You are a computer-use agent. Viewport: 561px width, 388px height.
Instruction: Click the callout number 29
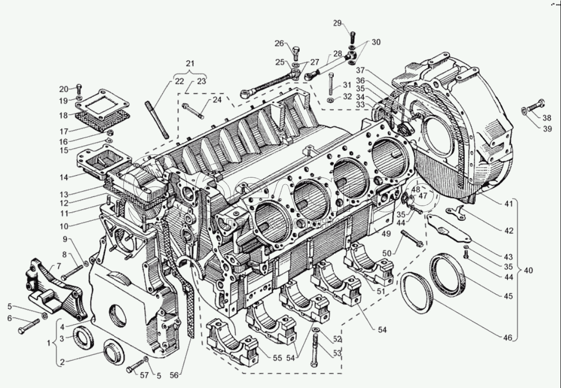coord(337,23)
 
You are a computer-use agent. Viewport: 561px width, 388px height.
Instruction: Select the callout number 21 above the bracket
coord(190,64)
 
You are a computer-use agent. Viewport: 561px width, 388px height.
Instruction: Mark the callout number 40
coord(529,270)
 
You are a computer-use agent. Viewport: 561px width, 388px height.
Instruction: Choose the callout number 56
coord(175,376)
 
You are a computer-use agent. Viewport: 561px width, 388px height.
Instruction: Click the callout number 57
coord(131,375)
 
